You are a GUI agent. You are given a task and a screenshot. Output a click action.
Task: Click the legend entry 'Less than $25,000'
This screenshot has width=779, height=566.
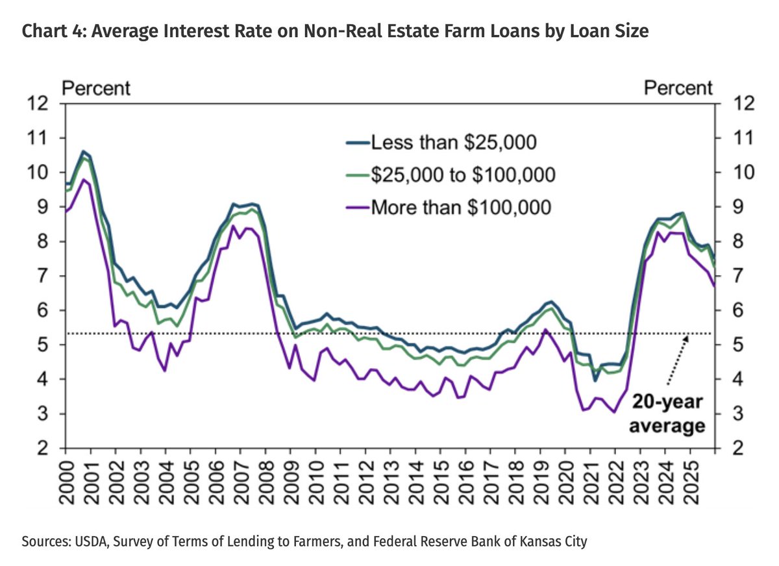(452, 142)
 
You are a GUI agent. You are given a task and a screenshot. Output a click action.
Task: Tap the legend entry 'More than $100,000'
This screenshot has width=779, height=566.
(460, 208)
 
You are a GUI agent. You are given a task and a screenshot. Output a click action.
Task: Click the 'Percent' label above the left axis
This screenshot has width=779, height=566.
(95, 88)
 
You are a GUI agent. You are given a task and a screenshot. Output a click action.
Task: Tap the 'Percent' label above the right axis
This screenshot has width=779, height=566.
(678, 88)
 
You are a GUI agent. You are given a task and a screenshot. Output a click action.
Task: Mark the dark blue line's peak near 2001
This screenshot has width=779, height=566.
(82, 151)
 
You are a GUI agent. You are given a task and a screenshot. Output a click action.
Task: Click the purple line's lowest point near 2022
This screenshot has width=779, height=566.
(614, 412)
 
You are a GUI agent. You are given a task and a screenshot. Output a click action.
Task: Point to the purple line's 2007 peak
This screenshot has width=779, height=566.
(232, 226)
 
